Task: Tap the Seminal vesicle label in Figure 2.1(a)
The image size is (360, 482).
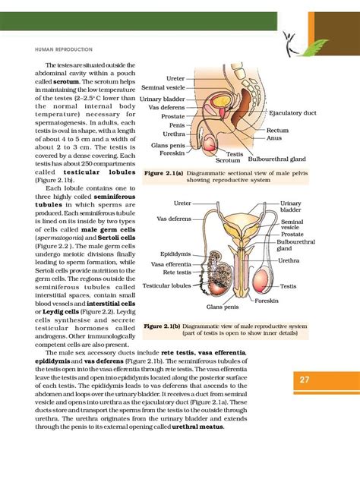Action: coord(163,87)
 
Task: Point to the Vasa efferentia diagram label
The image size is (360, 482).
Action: coord(169,263)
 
